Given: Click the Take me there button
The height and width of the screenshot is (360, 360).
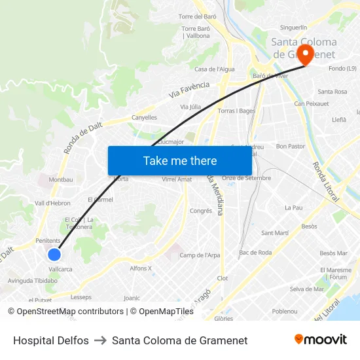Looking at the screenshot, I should tap(180, 160).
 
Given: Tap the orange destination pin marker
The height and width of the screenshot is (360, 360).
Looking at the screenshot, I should tap(305, 53).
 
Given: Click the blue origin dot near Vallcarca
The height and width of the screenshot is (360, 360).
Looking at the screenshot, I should tap(54, 254).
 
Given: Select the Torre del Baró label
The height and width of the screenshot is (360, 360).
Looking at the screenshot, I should tap(197, 16).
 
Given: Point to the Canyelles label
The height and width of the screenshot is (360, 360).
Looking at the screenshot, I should tap(145, 118).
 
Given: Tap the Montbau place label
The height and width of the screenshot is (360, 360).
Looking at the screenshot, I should tap(61, 179).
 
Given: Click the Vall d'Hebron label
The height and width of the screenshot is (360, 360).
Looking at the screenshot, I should tap(52, 204).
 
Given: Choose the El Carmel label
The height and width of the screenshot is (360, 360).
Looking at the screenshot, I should tap(100, 199).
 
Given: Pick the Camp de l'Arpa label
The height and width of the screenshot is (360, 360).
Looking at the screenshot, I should tap(200, 255).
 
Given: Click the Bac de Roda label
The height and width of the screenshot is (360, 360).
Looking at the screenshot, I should tap(255, 253).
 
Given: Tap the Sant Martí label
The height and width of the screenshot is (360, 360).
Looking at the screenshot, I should tap(275, 233).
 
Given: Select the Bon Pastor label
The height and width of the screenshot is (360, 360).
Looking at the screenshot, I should tap(291, 147).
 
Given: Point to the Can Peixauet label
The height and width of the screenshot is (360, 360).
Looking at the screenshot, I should tap(312, 104).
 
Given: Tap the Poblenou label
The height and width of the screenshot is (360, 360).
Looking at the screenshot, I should tap(285, 312).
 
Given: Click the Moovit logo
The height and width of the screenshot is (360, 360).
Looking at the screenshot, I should tap(320, 340).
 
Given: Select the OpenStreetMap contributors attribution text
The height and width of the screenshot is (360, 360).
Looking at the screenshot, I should tap(70, 312).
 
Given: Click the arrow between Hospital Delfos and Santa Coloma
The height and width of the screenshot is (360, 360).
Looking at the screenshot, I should tap(100, 340).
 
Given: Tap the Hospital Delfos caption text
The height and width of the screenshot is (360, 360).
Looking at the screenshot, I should tap(51, 340).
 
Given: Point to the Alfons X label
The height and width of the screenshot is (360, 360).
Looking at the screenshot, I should tap(140, 268).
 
